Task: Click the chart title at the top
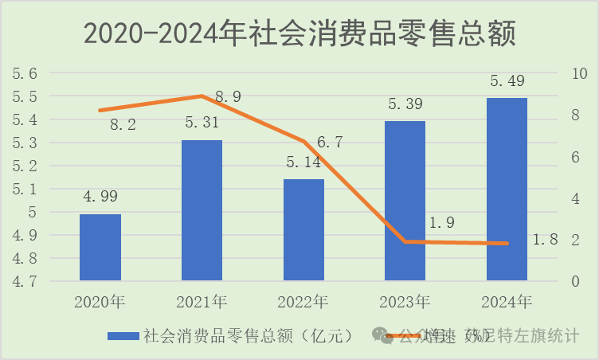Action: (300, 34)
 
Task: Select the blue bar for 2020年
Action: (100, 247)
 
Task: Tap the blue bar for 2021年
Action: (202, 210)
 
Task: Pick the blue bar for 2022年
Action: (303, 229)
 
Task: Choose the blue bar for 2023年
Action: (405, 201)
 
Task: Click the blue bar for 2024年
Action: (507, 189)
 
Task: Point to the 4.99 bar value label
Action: (100, 198)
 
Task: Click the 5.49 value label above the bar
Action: (507, 82)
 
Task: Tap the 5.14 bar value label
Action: (303, 162)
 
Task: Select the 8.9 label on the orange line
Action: (228, 97)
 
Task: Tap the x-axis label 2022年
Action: (303, 302)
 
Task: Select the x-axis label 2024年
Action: (507, 302)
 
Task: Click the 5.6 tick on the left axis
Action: (24, 73)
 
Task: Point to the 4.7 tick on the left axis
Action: (24, 281)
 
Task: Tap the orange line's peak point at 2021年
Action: (202, 96)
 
